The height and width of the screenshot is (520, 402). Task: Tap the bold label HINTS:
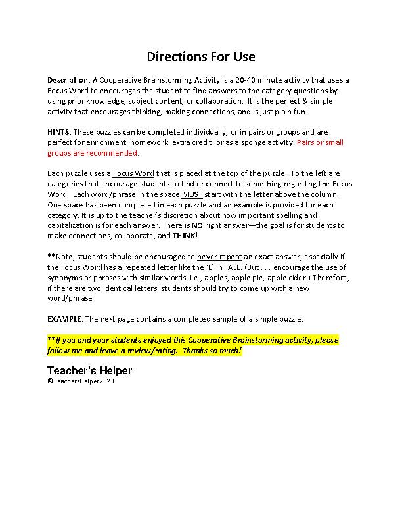pyautogui.click(x=61, y=131)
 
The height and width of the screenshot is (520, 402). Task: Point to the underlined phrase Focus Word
pyautogui.click(x=133, y=173)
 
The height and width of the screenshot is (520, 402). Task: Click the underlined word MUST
pyautogui.click(x=191, y=194)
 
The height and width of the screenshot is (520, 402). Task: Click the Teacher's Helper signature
pyautogui.click(x=89, y=371)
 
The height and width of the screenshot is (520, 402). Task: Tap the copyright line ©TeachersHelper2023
pyautogui.click(x=81, y=381)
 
